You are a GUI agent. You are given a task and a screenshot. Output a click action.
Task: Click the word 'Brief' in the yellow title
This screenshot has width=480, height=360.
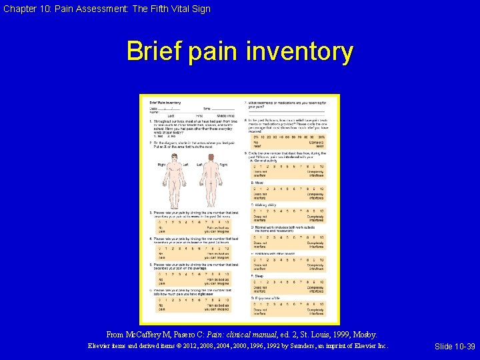155,52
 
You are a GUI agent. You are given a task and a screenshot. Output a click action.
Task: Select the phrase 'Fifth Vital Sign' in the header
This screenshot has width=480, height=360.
175,9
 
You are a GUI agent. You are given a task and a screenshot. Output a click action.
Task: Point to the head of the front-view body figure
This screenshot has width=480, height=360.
176,157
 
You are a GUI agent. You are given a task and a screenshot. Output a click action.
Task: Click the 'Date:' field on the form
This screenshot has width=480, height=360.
155,107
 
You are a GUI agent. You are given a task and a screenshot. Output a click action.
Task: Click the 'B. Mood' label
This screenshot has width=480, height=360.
257,182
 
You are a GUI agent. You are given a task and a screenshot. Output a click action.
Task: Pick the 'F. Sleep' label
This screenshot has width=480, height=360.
257,275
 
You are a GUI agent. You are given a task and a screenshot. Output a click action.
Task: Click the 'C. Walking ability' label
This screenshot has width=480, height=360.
265,205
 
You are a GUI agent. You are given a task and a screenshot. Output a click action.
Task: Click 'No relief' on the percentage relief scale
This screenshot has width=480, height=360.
255,144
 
